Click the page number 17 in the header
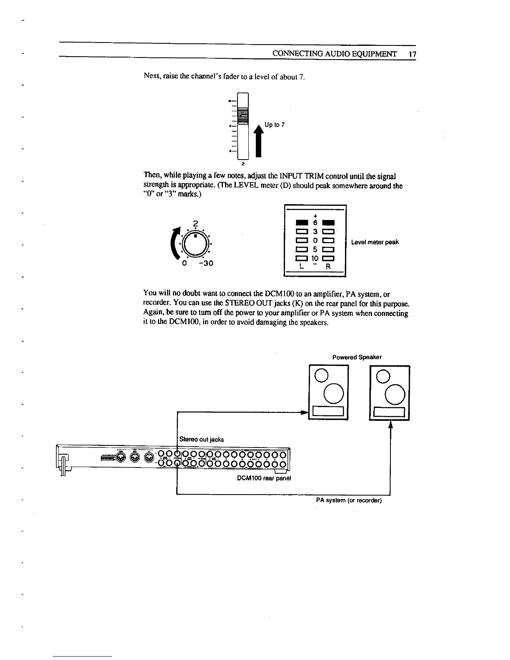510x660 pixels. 412,54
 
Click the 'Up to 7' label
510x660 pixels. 275,125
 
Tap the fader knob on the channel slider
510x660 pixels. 242,115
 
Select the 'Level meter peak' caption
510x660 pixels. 375,242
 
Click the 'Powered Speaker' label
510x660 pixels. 357,357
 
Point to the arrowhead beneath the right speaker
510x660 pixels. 390,425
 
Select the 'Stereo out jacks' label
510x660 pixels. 201,439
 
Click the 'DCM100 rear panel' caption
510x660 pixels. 264,478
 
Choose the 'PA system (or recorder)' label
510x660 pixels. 349,500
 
